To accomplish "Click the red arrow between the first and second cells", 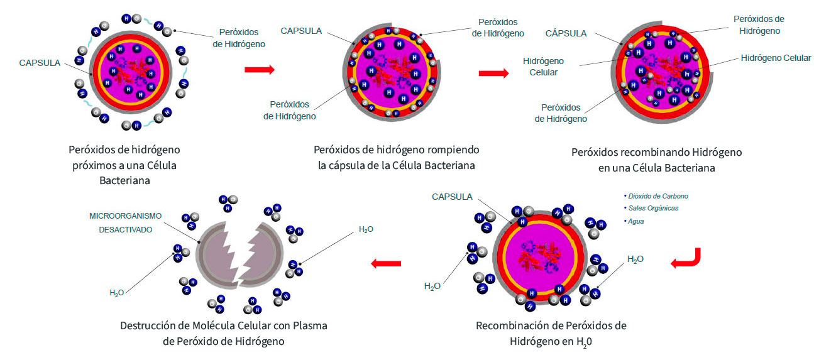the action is point(260,69).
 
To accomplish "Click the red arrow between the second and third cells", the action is point(493,73).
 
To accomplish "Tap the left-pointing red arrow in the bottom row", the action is point(386,263).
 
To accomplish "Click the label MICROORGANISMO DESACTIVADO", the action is point(125,222).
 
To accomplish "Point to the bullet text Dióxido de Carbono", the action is point(656,196).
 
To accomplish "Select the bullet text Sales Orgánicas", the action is point(651,208).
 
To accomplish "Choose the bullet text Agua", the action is point(634,221).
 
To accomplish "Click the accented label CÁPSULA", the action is point(566,33).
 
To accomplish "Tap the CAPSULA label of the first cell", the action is point(40,63).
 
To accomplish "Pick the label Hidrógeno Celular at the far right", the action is point(776,58).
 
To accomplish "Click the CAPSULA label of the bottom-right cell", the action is point(452,197).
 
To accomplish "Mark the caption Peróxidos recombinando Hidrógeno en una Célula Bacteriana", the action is point(657,160).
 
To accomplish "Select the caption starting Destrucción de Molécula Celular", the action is point(224,334).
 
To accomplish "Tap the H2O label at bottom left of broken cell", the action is point(117,293).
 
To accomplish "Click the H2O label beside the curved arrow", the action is point(635,259).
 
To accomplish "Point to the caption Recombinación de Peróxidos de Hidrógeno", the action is point(551,334).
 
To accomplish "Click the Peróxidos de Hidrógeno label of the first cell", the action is point(239,38).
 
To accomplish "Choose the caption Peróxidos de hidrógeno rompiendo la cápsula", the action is point(396,157).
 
